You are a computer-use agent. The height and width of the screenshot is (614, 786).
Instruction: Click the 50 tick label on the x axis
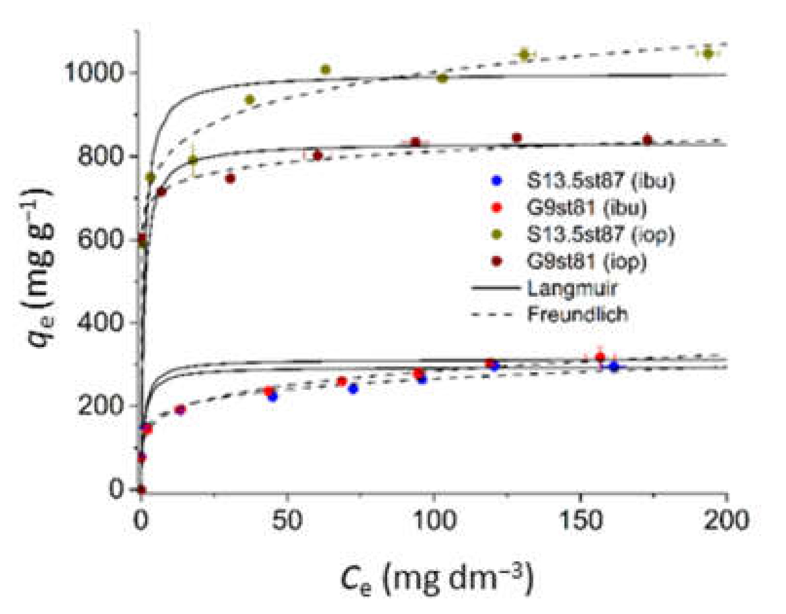click(x=287, y=520)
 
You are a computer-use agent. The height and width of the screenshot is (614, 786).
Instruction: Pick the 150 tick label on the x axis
click(x=581, y=520)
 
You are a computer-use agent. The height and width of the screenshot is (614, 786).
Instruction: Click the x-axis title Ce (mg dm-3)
click(x=437, y=579)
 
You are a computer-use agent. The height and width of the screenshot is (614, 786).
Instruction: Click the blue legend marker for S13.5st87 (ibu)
click(x=497, y=181)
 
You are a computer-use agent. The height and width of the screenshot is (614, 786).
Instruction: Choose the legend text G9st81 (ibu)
click(x=587, y=208)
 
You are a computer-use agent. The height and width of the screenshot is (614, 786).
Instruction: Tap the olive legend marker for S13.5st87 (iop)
click(x=497, y=235)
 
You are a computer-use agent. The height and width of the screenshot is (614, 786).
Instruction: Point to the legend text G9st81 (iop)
click(x=587, y=262)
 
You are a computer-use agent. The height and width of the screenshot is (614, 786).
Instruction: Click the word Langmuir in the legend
click(x=572, y=288)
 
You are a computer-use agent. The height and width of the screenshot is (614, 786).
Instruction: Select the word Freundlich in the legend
click(x=578, y=314)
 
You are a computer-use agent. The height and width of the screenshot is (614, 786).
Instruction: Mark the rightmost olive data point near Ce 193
click(x=708, y=54)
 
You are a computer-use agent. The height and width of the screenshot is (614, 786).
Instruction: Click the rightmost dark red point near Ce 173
click(x=647, y=140)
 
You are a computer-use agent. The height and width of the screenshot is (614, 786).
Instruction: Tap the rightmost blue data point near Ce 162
click(x=614, y=366)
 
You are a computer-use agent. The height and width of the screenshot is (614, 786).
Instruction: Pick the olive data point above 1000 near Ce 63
click(x=325, y=70)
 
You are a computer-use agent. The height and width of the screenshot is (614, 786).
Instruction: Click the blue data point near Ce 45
click(x=272, y=397)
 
